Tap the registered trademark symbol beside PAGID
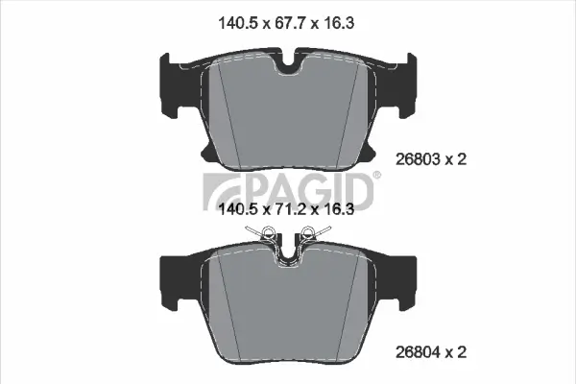pos(377,175)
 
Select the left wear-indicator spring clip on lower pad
pos(265,233)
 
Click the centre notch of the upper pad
pos(288,65)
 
